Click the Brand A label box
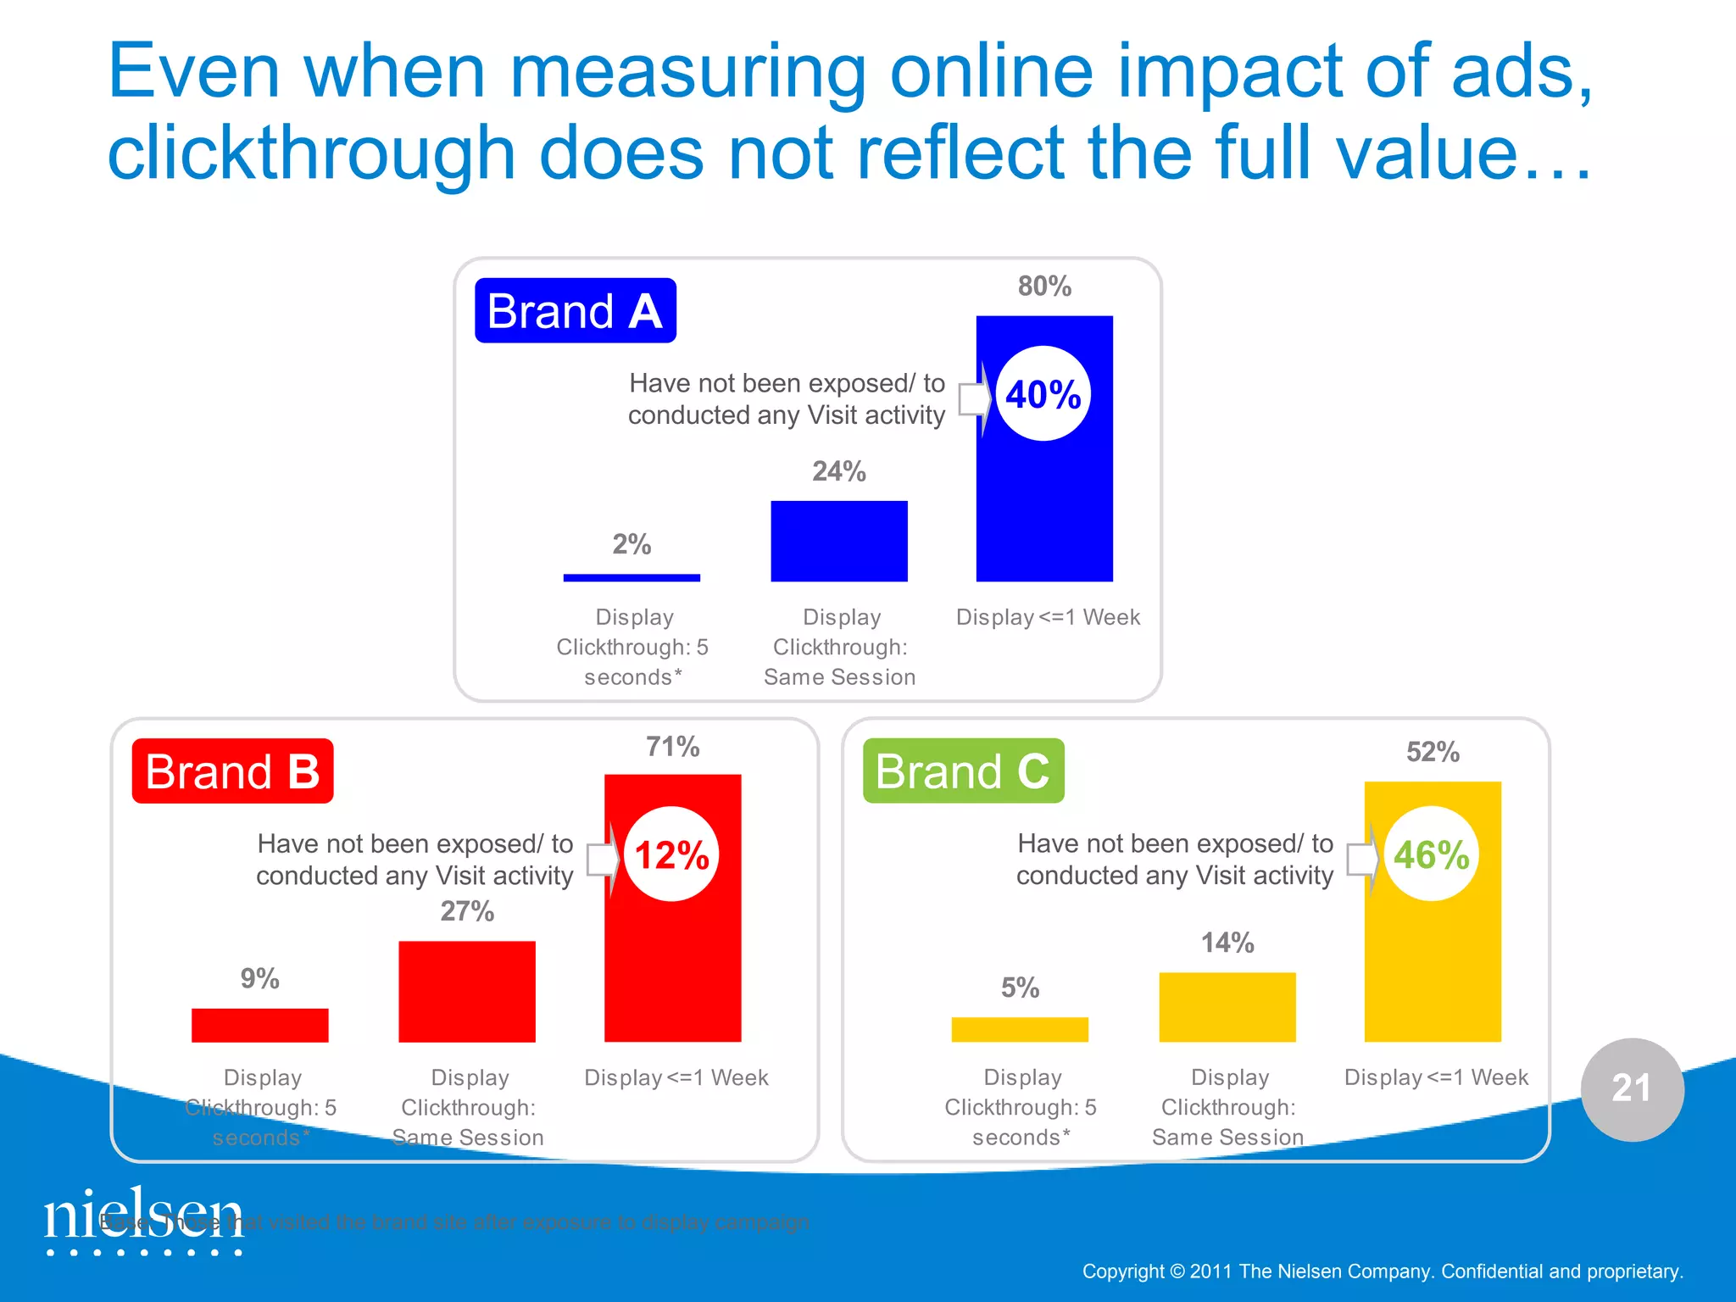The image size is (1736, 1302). pyautogui.click(x=575, y=311)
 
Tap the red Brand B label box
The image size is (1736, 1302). pyautogui.click(x=232, y=771)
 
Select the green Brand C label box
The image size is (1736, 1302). pyautogui.click(x=963, y=771)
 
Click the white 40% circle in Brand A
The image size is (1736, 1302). pyautogui.click(x=1043, y=394)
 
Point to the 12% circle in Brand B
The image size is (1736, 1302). pyautogui.click(x=671, y=854)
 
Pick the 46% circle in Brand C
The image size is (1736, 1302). pyautogui.click(x=1432, y=854)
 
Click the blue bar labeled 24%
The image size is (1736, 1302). pyautogui.click(x=838, y=541)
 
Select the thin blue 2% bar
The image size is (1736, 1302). pyautogui.click(x=632, y=578)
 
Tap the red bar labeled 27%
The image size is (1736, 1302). pyautogui.click(x=467, y=991)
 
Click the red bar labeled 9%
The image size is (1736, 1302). pyautogui.click(x=259, y=1025)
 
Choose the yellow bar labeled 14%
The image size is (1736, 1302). pyautogui.click(x=1227, y=1007)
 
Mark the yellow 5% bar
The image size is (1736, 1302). pyautogui.click(x=1020, y=1029)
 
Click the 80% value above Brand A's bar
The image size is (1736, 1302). pyautogui.click(x=1044, y=287)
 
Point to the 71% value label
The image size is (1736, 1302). pyautogui.click(x=672, y=747)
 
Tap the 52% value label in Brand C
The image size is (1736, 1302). pyautogui.click(x=1433, y=752)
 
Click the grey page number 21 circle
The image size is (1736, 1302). pyautogui.click(x=1632, y=1089)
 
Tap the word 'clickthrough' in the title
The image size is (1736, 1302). pyautogui.click(x=311, y=153)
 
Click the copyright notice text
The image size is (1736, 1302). pyautogui.click(x=1383, y=1271)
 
